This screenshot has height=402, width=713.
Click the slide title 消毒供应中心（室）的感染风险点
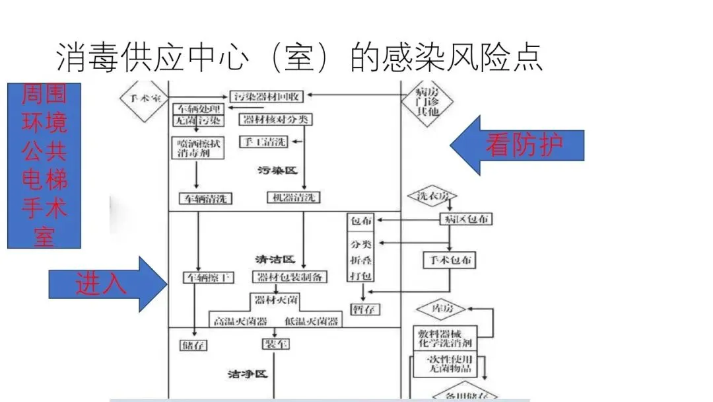[x=300, y=57]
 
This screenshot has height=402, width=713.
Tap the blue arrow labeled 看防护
[x=518, y=145]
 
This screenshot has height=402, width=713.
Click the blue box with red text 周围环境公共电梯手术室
[x=44, y=165]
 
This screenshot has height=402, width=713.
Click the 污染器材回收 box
[x=266, y=97]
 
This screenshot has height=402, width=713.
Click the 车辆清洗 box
[x=206, y=198]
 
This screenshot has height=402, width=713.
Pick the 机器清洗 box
[x=294, y=197]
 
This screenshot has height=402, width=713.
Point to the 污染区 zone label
[x=277, y=171]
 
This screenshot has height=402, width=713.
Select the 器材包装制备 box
[x=289, y=277]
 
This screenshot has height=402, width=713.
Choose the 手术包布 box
[x=449, y=260]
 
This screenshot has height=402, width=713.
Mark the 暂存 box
[x=365, y=309]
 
